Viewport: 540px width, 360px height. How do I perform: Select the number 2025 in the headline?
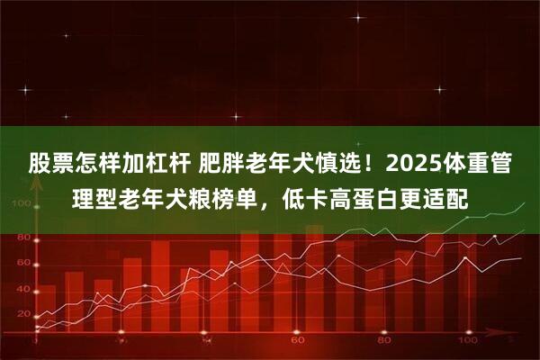[413, 165]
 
